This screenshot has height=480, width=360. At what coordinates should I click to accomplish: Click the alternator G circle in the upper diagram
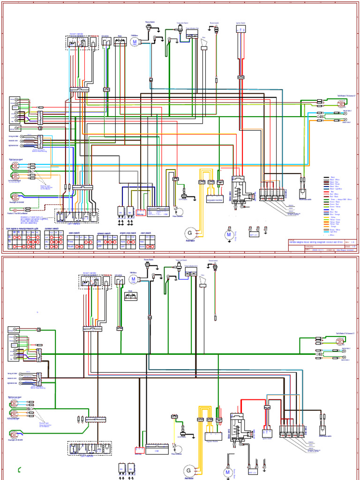point(190,232)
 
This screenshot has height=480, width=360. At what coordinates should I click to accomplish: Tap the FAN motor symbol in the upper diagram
point(135,42)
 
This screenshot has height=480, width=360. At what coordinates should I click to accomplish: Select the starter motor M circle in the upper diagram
point(229,234)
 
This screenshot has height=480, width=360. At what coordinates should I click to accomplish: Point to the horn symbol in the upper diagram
point(204,43)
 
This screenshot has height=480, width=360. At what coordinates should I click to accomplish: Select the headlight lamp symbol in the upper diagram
point(14,196)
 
